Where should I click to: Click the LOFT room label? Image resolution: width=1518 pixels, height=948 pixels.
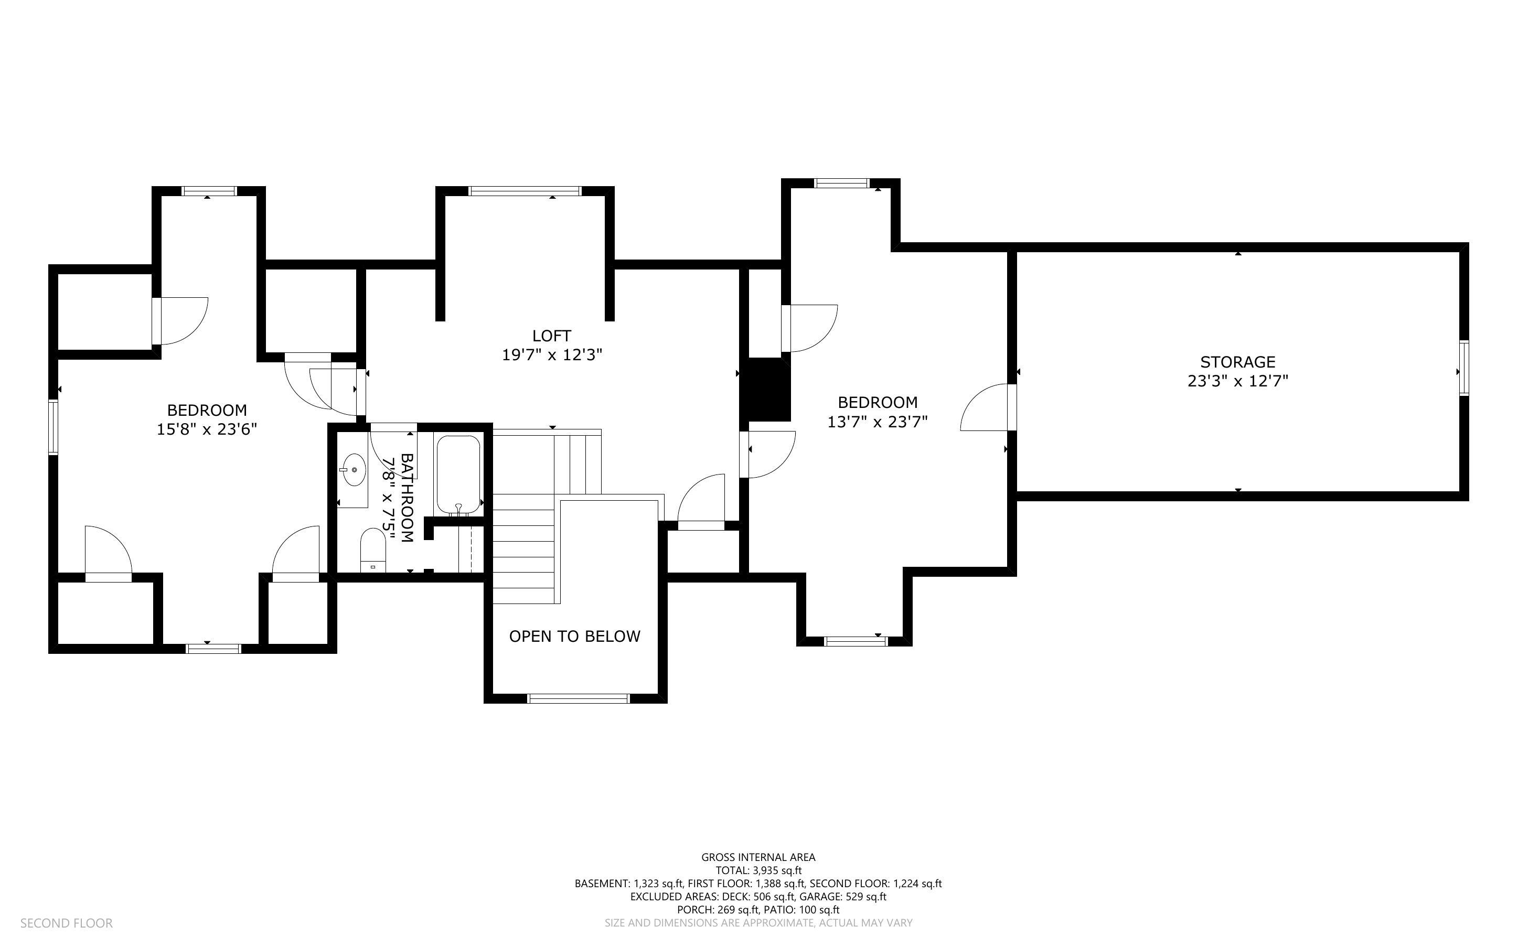(551, 336)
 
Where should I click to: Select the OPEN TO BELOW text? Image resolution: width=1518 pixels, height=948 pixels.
(574, 637)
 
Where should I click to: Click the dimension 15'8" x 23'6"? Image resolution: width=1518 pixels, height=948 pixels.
(207, 429)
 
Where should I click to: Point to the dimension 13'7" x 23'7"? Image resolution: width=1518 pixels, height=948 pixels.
(877, 422)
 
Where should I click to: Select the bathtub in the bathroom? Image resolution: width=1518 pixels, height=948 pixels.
(458, 475)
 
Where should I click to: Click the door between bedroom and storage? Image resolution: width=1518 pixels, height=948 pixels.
(988, 407)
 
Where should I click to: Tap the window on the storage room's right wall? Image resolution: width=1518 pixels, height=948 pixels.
(1463, 368)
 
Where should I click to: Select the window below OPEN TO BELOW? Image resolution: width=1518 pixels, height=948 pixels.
(578, 698)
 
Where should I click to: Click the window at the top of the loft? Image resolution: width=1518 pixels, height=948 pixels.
(525, 191)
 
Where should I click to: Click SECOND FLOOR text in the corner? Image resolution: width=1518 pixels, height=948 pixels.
(67, 923)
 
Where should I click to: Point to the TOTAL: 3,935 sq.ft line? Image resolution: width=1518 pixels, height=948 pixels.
(758, 870)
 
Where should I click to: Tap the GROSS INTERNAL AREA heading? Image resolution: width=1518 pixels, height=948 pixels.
(758, 857)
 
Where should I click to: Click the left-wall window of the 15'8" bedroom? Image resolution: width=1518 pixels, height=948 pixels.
(54, 427)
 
